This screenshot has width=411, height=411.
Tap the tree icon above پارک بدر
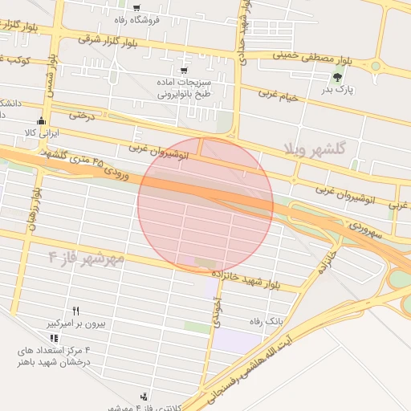coord(338,77)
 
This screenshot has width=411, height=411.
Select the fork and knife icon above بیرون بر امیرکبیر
coord(76,310)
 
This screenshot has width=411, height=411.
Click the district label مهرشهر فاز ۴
coord(87,258)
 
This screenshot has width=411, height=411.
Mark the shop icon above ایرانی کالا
coord(41,121)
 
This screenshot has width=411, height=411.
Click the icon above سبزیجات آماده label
coord(185,57)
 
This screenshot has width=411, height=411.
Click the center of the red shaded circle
coord(205,204)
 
